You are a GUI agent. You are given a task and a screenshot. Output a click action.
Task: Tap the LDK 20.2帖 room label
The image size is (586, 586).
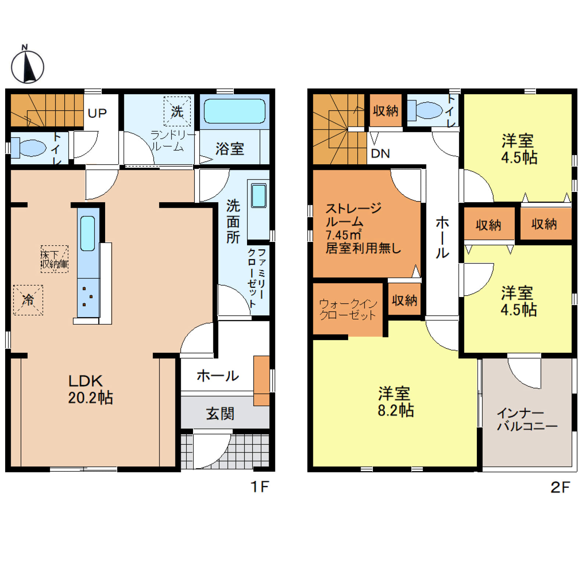[x=90, y=389]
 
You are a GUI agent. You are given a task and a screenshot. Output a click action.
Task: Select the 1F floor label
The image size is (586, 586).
[x=260, y=487]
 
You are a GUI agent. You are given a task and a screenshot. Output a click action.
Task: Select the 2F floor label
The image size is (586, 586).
[x=560, y=487]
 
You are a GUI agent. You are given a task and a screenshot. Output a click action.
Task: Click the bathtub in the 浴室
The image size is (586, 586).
[x=235, y=111]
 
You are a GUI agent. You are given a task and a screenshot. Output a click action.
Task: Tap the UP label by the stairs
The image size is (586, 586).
[x=97, y=113]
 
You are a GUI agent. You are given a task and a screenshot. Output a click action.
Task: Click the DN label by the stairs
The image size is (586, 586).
[x=380, y=153]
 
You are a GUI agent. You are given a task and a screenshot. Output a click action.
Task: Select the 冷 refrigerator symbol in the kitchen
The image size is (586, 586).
[x=28, y=300]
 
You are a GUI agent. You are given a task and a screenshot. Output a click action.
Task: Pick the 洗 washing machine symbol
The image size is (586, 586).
[x=177, y=111]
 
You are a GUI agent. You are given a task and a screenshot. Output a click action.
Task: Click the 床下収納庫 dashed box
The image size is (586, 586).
[x=54, y=259]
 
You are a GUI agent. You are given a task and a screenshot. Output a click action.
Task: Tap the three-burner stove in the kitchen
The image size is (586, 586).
[x=88, y=297]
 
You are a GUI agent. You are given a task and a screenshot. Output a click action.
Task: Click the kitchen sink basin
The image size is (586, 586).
[x=87, y=233]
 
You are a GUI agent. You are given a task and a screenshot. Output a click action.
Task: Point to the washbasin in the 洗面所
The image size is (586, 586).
[x=258, y=196]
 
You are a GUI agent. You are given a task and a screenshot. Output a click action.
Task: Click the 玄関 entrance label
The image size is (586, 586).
[x=220, y=414]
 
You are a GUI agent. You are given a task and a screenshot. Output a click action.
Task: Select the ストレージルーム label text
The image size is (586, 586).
[x=353, y=215]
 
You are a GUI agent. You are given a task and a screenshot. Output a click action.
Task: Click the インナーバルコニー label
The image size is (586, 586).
[x=527, y=419]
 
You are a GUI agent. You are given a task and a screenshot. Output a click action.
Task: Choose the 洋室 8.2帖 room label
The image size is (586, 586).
[x=396, y=401]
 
